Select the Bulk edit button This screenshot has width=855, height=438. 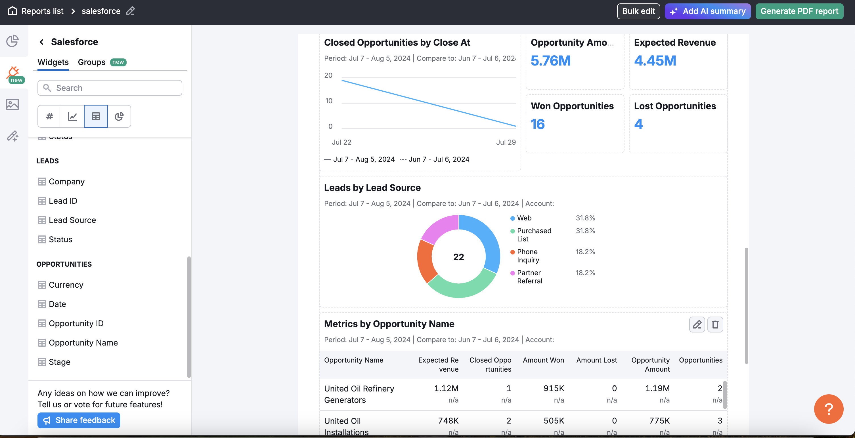638,11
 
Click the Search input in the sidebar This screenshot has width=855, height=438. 110,88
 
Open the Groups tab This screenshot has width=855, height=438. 92,62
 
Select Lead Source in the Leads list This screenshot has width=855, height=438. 72,220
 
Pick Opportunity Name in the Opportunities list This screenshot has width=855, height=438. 83,342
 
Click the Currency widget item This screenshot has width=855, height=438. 66,285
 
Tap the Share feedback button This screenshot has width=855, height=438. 79,420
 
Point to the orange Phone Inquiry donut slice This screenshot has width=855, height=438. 425,262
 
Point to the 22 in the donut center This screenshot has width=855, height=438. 458,257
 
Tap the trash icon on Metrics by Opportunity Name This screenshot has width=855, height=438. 715,324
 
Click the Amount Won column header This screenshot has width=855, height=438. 543,360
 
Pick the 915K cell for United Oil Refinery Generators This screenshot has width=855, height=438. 554,388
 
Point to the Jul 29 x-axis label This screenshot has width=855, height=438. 506,142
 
